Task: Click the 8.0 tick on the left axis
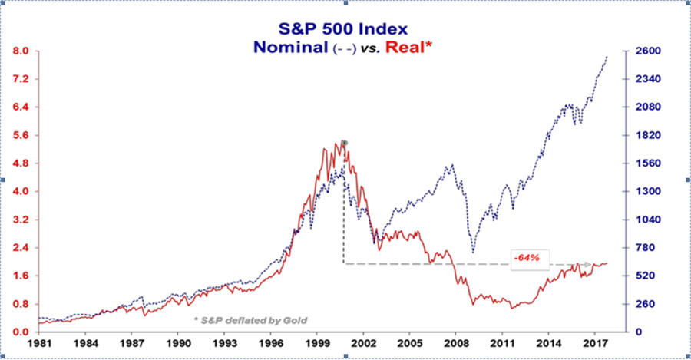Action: coord(18,51)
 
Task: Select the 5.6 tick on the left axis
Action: coord(18,136)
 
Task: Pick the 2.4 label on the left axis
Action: coord(18,248)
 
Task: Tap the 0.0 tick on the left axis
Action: coord(18,332)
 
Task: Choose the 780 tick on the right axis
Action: coord(641,248)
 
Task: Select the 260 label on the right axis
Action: coord(641,304)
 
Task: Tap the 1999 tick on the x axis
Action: coord(317,345)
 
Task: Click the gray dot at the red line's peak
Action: coord(345,144)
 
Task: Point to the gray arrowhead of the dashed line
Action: coord(589,264)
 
